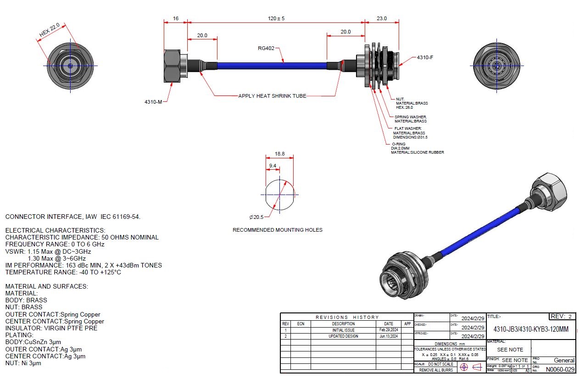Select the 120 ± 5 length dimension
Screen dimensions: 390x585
click(275, 18)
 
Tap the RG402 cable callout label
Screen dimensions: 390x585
click(266, 48)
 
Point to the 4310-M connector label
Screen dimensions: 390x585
click(154, 101)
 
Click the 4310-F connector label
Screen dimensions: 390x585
click(425, 58)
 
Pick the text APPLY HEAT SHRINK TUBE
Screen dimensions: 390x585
click(272, 96)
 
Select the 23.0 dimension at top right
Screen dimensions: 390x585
click(381, 18)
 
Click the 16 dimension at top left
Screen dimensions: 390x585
click(176, 18)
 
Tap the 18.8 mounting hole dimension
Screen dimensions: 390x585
click(279, 154)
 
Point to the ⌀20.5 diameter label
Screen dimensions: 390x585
click(256, 217)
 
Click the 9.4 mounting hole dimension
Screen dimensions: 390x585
click(272, 166)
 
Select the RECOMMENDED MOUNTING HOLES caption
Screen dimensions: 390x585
click(278, 230)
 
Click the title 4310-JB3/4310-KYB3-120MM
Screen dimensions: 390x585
click(530, 329)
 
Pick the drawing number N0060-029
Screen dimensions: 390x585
click(560, 369)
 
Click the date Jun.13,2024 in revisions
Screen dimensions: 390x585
click(388, 336)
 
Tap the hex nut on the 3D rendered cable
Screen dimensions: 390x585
click(549, 188)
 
